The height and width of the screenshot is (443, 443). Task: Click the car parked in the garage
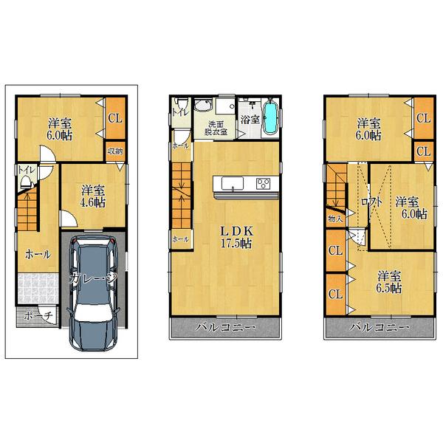[92, 295]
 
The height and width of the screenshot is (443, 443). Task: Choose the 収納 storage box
[115, 151]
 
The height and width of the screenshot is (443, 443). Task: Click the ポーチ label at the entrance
[36, 316]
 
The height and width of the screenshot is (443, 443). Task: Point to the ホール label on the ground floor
[37, 255]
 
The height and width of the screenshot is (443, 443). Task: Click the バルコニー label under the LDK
[225, 326]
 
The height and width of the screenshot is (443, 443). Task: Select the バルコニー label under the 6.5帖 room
[379, 326]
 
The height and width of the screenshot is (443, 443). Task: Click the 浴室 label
[249, 120]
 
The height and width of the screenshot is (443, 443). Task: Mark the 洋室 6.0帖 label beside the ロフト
[410, 207]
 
